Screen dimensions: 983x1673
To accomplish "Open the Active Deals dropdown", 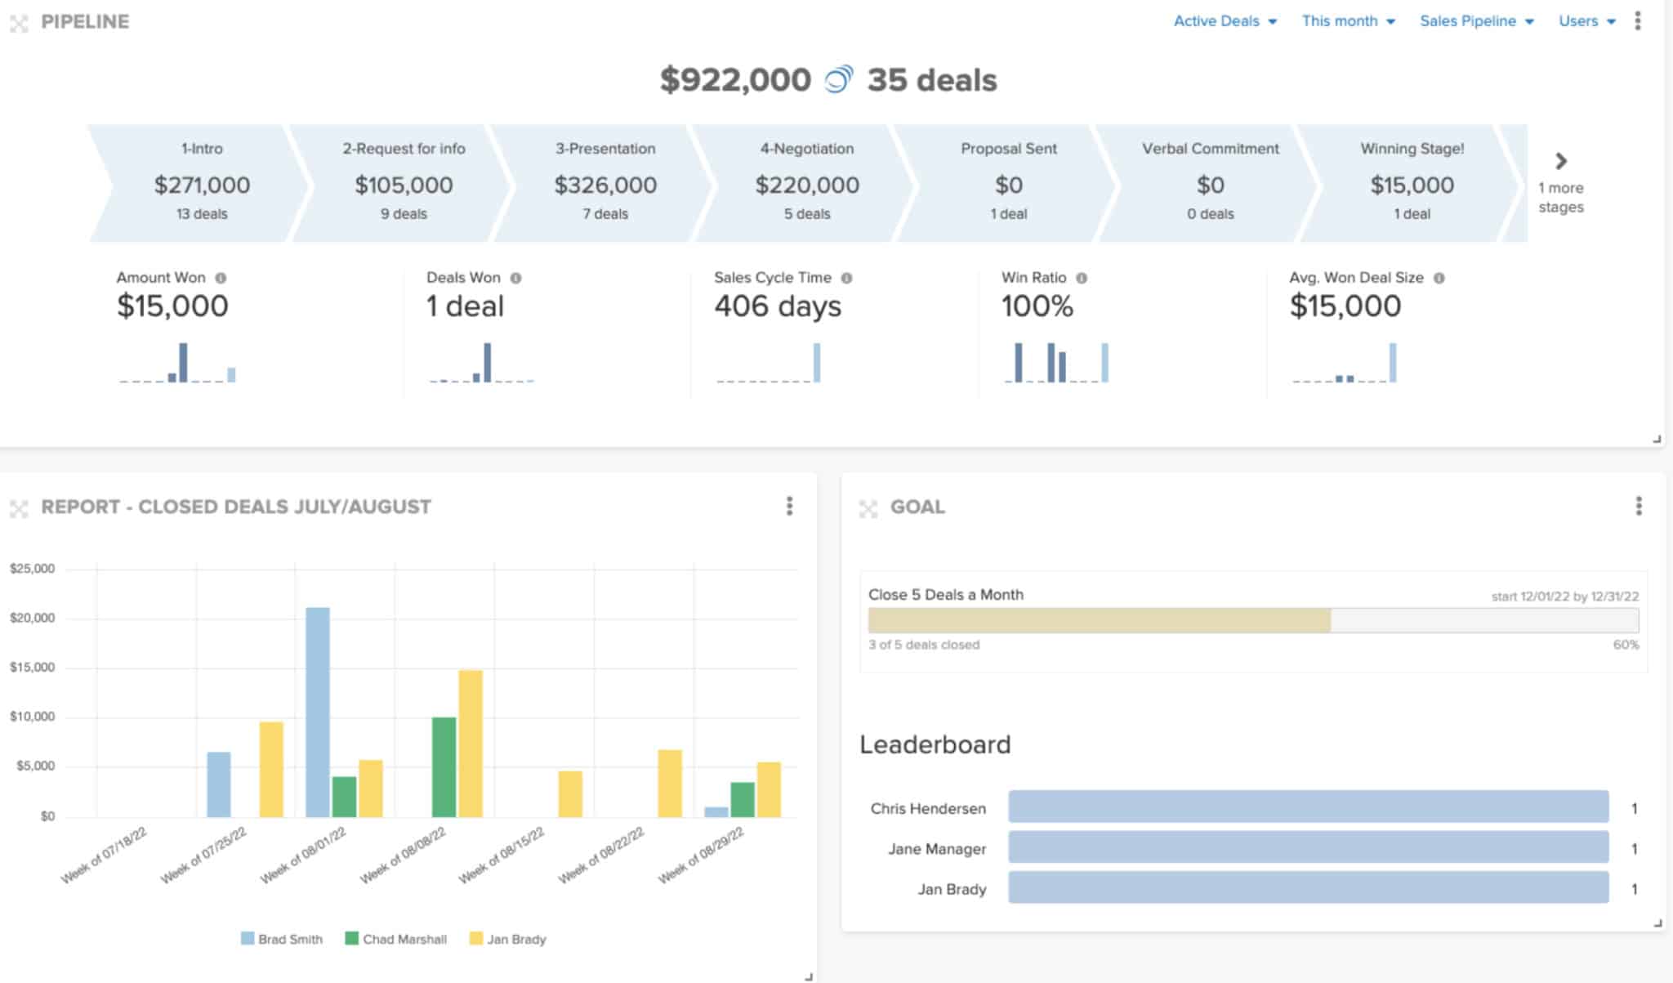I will click(x=1225, y=21).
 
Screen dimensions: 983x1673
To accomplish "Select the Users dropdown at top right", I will click(x=1586, y=21).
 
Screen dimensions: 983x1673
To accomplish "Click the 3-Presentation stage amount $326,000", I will click(x=605, y=185).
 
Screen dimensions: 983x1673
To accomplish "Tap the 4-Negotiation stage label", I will click(x=806, y=149).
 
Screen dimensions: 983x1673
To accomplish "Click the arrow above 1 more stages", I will click(x=1560, y=161).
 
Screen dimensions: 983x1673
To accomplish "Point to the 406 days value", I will click(x=777, y=306).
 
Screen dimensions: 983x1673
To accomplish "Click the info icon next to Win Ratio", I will click(x=1082, y=278).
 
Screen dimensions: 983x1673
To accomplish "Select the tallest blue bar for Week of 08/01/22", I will click(x=317, y=711).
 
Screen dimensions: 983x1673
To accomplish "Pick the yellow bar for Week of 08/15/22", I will click(x=570, y=793).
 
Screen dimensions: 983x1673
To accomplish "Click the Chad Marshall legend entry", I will click(x=396, y=939).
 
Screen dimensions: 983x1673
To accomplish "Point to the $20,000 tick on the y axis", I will click(x=33, y=618).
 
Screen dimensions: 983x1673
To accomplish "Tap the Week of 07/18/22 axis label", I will click(x=105, y=855).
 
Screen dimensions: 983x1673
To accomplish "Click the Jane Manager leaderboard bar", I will click(x=1308, y=847).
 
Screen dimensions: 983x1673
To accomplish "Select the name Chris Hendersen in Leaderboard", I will click(x=927, y=808).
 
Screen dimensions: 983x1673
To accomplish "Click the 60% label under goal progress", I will click(x=1625, y=645).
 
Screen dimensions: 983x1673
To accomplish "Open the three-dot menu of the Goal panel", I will click(x=1638, y=506).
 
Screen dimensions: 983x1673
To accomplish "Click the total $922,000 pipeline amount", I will click(x=735, y=80).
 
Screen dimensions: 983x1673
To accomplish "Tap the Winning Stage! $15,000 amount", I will click(x=1412, y=185).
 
